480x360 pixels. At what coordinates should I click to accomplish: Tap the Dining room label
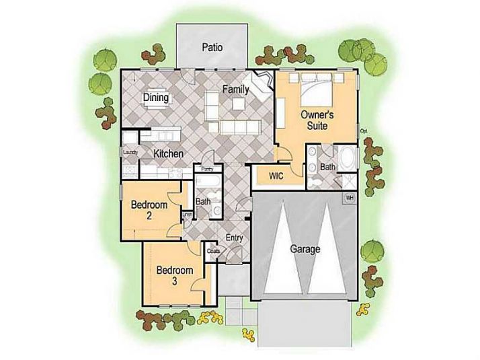(155, 98)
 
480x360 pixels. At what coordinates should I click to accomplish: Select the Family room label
(235, 89)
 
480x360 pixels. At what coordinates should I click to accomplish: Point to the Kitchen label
(168, 154)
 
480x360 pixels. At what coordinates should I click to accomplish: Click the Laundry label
(130, 153)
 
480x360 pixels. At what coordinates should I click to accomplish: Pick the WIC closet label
(276, 176)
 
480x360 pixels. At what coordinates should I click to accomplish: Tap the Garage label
(305, 249)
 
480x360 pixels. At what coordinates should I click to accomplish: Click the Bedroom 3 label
(175, 276)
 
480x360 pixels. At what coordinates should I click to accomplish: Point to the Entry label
(234, 238)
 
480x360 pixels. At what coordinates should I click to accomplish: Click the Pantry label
(207, 170)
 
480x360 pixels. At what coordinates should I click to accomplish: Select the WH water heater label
(349, 198)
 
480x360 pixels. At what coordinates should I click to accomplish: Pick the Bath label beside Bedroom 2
(202, 201)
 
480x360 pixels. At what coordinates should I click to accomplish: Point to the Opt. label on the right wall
(364, 131)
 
